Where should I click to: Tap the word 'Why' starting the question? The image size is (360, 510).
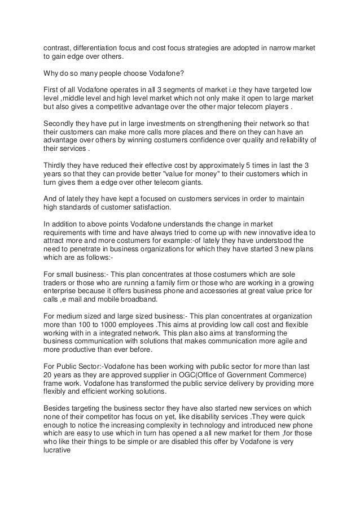[x=52, y=73]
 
